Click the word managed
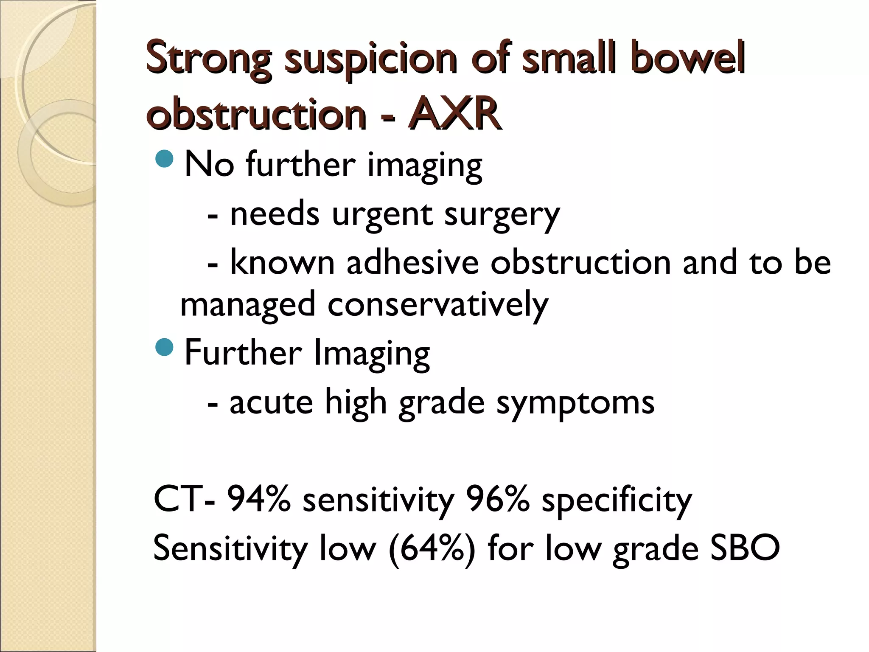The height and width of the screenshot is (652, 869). [x=248, y=305]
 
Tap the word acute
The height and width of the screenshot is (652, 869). [x=271, y=402]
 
